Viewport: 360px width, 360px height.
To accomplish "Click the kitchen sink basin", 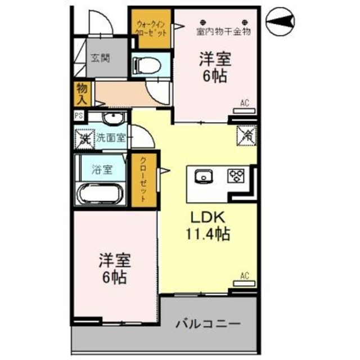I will tap(202, 177).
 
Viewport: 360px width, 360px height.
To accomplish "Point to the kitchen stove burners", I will tap(235, 177).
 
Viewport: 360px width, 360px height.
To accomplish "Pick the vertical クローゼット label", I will tap(143, 179).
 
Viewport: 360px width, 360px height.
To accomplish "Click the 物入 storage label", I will tap(82, 93).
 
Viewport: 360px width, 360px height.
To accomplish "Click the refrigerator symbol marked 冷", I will tap(246, 134).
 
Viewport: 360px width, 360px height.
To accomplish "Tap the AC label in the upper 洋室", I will tap(245, 102).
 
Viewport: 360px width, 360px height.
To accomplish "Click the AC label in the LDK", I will tap(245, 276).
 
